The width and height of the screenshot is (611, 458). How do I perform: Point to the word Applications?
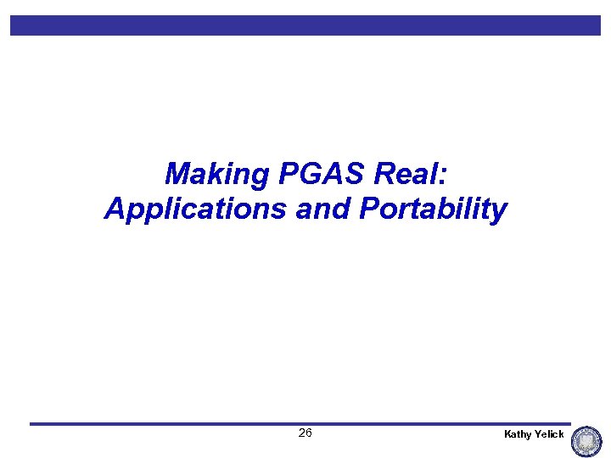pyautogui.click(x=195, y=209)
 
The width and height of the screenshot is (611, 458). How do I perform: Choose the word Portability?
pyautogui.click(x=434, y=209)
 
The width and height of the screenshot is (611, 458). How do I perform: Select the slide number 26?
pyautogui.click(x=305, y=433)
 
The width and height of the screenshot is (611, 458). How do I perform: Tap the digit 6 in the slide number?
pyautogui.click(x=309, y=433)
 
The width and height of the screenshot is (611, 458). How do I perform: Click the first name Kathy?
pyautogui.click(x=518, y=434)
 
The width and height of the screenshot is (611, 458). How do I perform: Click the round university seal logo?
pyautogui.click(x=586, y=442)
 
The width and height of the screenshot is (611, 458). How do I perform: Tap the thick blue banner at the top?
pyautogui.click(x=305, y=25)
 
